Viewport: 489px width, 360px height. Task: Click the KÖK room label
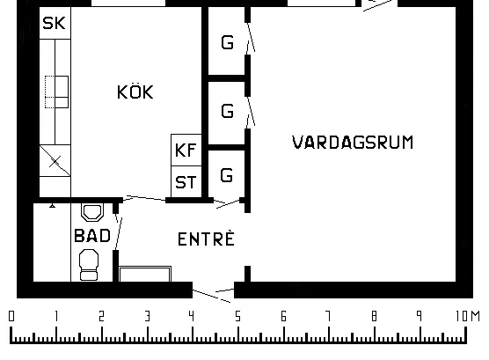click(135, 92)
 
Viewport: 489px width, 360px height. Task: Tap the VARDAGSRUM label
click(353, 142)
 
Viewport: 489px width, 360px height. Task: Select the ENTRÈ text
click(206, 239)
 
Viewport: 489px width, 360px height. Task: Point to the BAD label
click(92, 235)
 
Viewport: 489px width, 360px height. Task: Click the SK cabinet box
click(55, 23)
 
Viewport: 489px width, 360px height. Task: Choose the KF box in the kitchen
click(186, 151)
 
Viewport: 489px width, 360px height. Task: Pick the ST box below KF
click(186, 181)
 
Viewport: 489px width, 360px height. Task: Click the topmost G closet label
click(227, 42)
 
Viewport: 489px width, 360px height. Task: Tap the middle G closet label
click(227, 111)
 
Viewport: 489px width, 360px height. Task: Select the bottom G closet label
click(227, 175)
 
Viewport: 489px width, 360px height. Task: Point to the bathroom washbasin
click(92, 212)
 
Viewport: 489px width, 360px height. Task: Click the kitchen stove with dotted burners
click(57, 92)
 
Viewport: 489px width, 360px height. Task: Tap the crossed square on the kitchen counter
click(55, 161)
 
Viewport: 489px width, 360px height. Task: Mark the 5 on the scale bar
click(238, 316)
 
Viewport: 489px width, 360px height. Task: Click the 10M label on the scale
click(468, 316)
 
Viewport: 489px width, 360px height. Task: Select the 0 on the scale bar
click(11, 316)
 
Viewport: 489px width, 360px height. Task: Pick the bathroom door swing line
click(118, 233)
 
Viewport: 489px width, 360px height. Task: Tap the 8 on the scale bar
click(375, 316)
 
